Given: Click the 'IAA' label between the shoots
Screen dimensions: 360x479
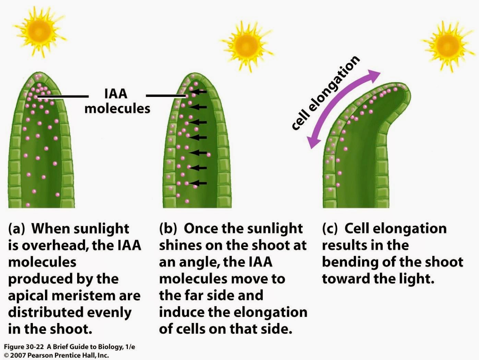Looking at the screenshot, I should [x=116, y=94].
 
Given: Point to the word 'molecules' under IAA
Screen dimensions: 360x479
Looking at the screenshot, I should [x=117, y=109].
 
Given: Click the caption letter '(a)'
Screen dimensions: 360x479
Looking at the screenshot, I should [x=16, y=228].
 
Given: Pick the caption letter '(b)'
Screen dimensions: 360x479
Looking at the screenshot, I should [x=168, y=228].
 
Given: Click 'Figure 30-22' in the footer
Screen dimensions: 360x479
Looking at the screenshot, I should [x=24, y=347].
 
